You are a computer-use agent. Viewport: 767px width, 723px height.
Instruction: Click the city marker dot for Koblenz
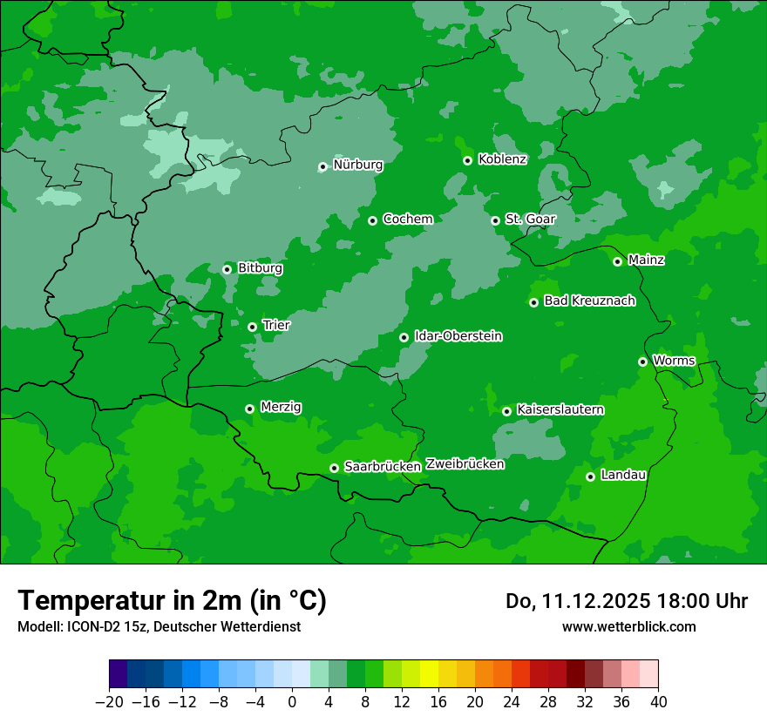pyautogui.click(x=468, y=160)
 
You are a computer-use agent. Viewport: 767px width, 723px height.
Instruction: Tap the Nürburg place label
pyautogui.click(x=358, y=165)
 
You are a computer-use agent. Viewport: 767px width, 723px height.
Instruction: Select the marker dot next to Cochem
pyautogui.click(x=373, y=220)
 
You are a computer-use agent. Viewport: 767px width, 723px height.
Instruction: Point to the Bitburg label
pyautogui.click(x=260, y=268)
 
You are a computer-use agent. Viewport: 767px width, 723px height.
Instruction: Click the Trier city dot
pyautogui.click(x=253, y=327)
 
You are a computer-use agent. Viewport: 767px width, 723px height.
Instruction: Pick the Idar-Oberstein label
pyautogui.click(x=458, y=336)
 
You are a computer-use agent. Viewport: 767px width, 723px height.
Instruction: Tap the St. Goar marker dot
pyautogui.click(x=495, y=220)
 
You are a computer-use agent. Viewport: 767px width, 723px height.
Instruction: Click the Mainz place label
pyautogui.click(x=646, y=260)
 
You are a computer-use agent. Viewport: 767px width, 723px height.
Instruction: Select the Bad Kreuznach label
pyautogui.click(x=589, y=301)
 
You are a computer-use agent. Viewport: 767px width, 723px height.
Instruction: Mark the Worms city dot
pyautogui.click(x=642, y=361)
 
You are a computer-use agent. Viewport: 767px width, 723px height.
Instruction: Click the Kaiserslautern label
pyautogui.click(x=560, y=409)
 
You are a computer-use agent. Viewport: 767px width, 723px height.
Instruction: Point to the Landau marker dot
pyautogui.click(x=590, y=476)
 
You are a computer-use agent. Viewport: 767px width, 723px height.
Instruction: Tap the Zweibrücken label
pyautogui.click(x=465, y=464)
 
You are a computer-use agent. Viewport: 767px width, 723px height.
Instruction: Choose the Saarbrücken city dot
pyautogui.click(x=334, y=468)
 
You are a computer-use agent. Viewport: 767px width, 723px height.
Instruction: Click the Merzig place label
pyautogui.click(x=281, y=407)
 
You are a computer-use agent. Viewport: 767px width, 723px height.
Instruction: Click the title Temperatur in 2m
pyautogui.click(x=172, y=600)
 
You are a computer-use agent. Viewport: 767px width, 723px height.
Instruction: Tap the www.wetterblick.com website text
pyautogui.click(x=628, y=626)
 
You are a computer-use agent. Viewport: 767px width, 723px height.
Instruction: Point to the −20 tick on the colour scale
pyautogui.click(x=109, y=702)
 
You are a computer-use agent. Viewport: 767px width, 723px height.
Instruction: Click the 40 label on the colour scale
pyautogui.click(x=658, y=702)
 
